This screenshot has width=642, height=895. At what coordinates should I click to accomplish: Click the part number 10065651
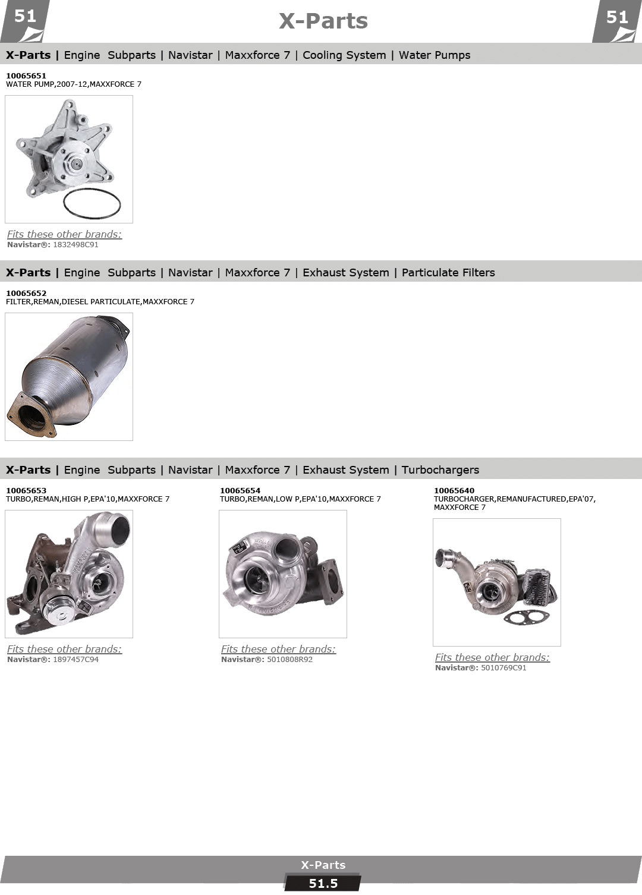(26, 75)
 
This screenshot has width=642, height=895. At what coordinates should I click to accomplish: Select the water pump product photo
(69, 159)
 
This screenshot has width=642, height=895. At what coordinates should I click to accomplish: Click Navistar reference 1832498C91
(75, 244)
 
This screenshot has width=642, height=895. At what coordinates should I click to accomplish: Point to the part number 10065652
(26, 293)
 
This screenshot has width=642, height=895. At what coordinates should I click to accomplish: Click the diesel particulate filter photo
(69, 376)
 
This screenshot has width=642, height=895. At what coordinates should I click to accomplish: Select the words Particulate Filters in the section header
(448, 273)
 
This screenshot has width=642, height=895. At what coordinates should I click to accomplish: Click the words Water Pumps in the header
(435, 55)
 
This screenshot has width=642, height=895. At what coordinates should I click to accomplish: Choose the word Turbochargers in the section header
(440, 470)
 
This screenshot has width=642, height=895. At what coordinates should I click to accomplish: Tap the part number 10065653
(26, 490)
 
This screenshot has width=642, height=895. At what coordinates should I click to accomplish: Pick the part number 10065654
(240, 490)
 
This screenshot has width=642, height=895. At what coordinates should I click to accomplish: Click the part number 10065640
(454, 490)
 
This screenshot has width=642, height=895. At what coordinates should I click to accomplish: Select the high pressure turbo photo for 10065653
(69, 573)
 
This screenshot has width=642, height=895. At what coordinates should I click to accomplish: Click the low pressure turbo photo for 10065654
(282, 573)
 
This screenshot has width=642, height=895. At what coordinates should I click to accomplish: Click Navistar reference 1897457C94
(75, 659)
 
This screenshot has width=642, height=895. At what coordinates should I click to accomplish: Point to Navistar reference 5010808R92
(290, 659)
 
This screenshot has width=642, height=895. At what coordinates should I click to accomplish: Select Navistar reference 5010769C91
(503, 667)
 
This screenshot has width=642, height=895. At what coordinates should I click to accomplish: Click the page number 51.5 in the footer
(323, 884)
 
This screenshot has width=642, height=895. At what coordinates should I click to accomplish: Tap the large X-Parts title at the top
(323, 21)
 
